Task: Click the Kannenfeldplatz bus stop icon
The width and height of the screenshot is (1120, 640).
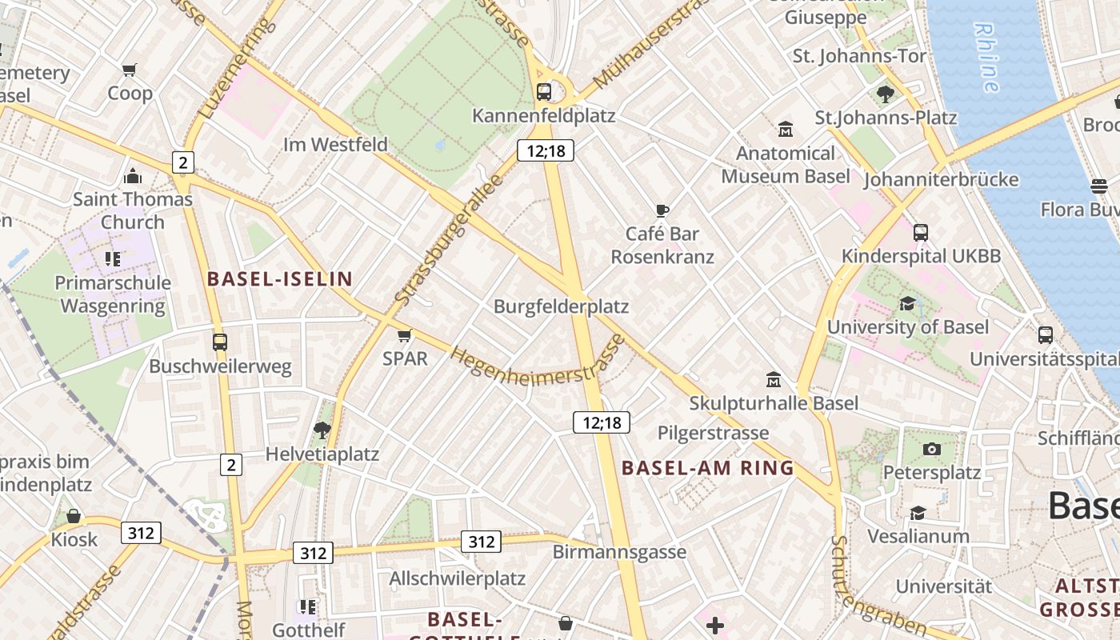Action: tap(544, 92)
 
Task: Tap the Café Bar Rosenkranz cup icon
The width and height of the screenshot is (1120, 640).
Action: tap(662, 211)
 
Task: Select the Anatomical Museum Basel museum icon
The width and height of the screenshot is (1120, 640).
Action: tap(786, 129)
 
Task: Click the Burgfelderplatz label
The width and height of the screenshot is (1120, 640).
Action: tap(561, 306)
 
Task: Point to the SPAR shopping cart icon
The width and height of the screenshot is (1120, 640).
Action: tap(405, 335)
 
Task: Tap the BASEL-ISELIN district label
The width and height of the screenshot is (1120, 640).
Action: tap(279, 279)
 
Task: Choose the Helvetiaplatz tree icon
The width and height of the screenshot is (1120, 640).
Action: tap(322, 430)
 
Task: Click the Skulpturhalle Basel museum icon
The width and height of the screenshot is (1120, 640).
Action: tap(774, 379)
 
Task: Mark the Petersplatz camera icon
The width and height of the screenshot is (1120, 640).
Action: tap(931, 450)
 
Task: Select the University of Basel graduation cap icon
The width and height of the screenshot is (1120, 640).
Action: tap(907, 304)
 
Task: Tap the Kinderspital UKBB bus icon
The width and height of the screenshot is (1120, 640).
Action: tap(921, 233)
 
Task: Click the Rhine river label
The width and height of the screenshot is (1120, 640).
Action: tap(987, 57)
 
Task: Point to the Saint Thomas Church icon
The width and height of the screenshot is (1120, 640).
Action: tap(133, 176)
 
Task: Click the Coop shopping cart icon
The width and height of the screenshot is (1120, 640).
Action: tap(130, 70)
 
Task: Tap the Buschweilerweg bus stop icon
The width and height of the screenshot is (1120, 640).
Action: tap(220, 342)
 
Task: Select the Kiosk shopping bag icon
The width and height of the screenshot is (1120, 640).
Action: tap(74, 516)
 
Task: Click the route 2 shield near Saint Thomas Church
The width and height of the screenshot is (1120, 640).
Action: tap(183, 163)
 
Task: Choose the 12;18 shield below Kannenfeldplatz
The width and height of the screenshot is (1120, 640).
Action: tap(546, 150)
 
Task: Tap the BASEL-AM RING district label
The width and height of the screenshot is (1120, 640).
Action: tap(707, 469)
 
